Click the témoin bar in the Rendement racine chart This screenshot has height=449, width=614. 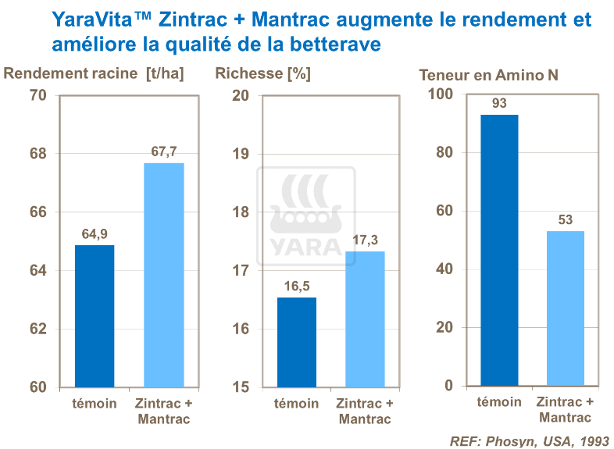tap(95, 316)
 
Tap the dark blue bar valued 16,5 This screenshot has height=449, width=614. tap(296, 342)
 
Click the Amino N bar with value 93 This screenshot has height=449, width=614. tap(499, 250)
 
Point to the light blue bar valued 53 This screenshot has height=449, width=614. tap(565, 308)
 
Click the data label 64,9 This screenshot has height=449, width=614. tap(95, 233)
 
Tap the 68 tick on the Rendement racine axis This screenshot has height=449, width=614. tap(37, 154)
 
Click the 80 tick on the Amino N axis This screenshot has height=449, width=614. tap(444, 152)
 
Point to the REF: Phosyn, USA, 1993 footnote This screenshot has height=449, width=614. tap(529, 440)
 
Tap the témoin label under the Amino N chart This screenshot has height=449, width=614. tap(499, 402)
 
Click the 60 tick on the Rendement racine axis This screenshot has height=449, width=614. tap(37, 387)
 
